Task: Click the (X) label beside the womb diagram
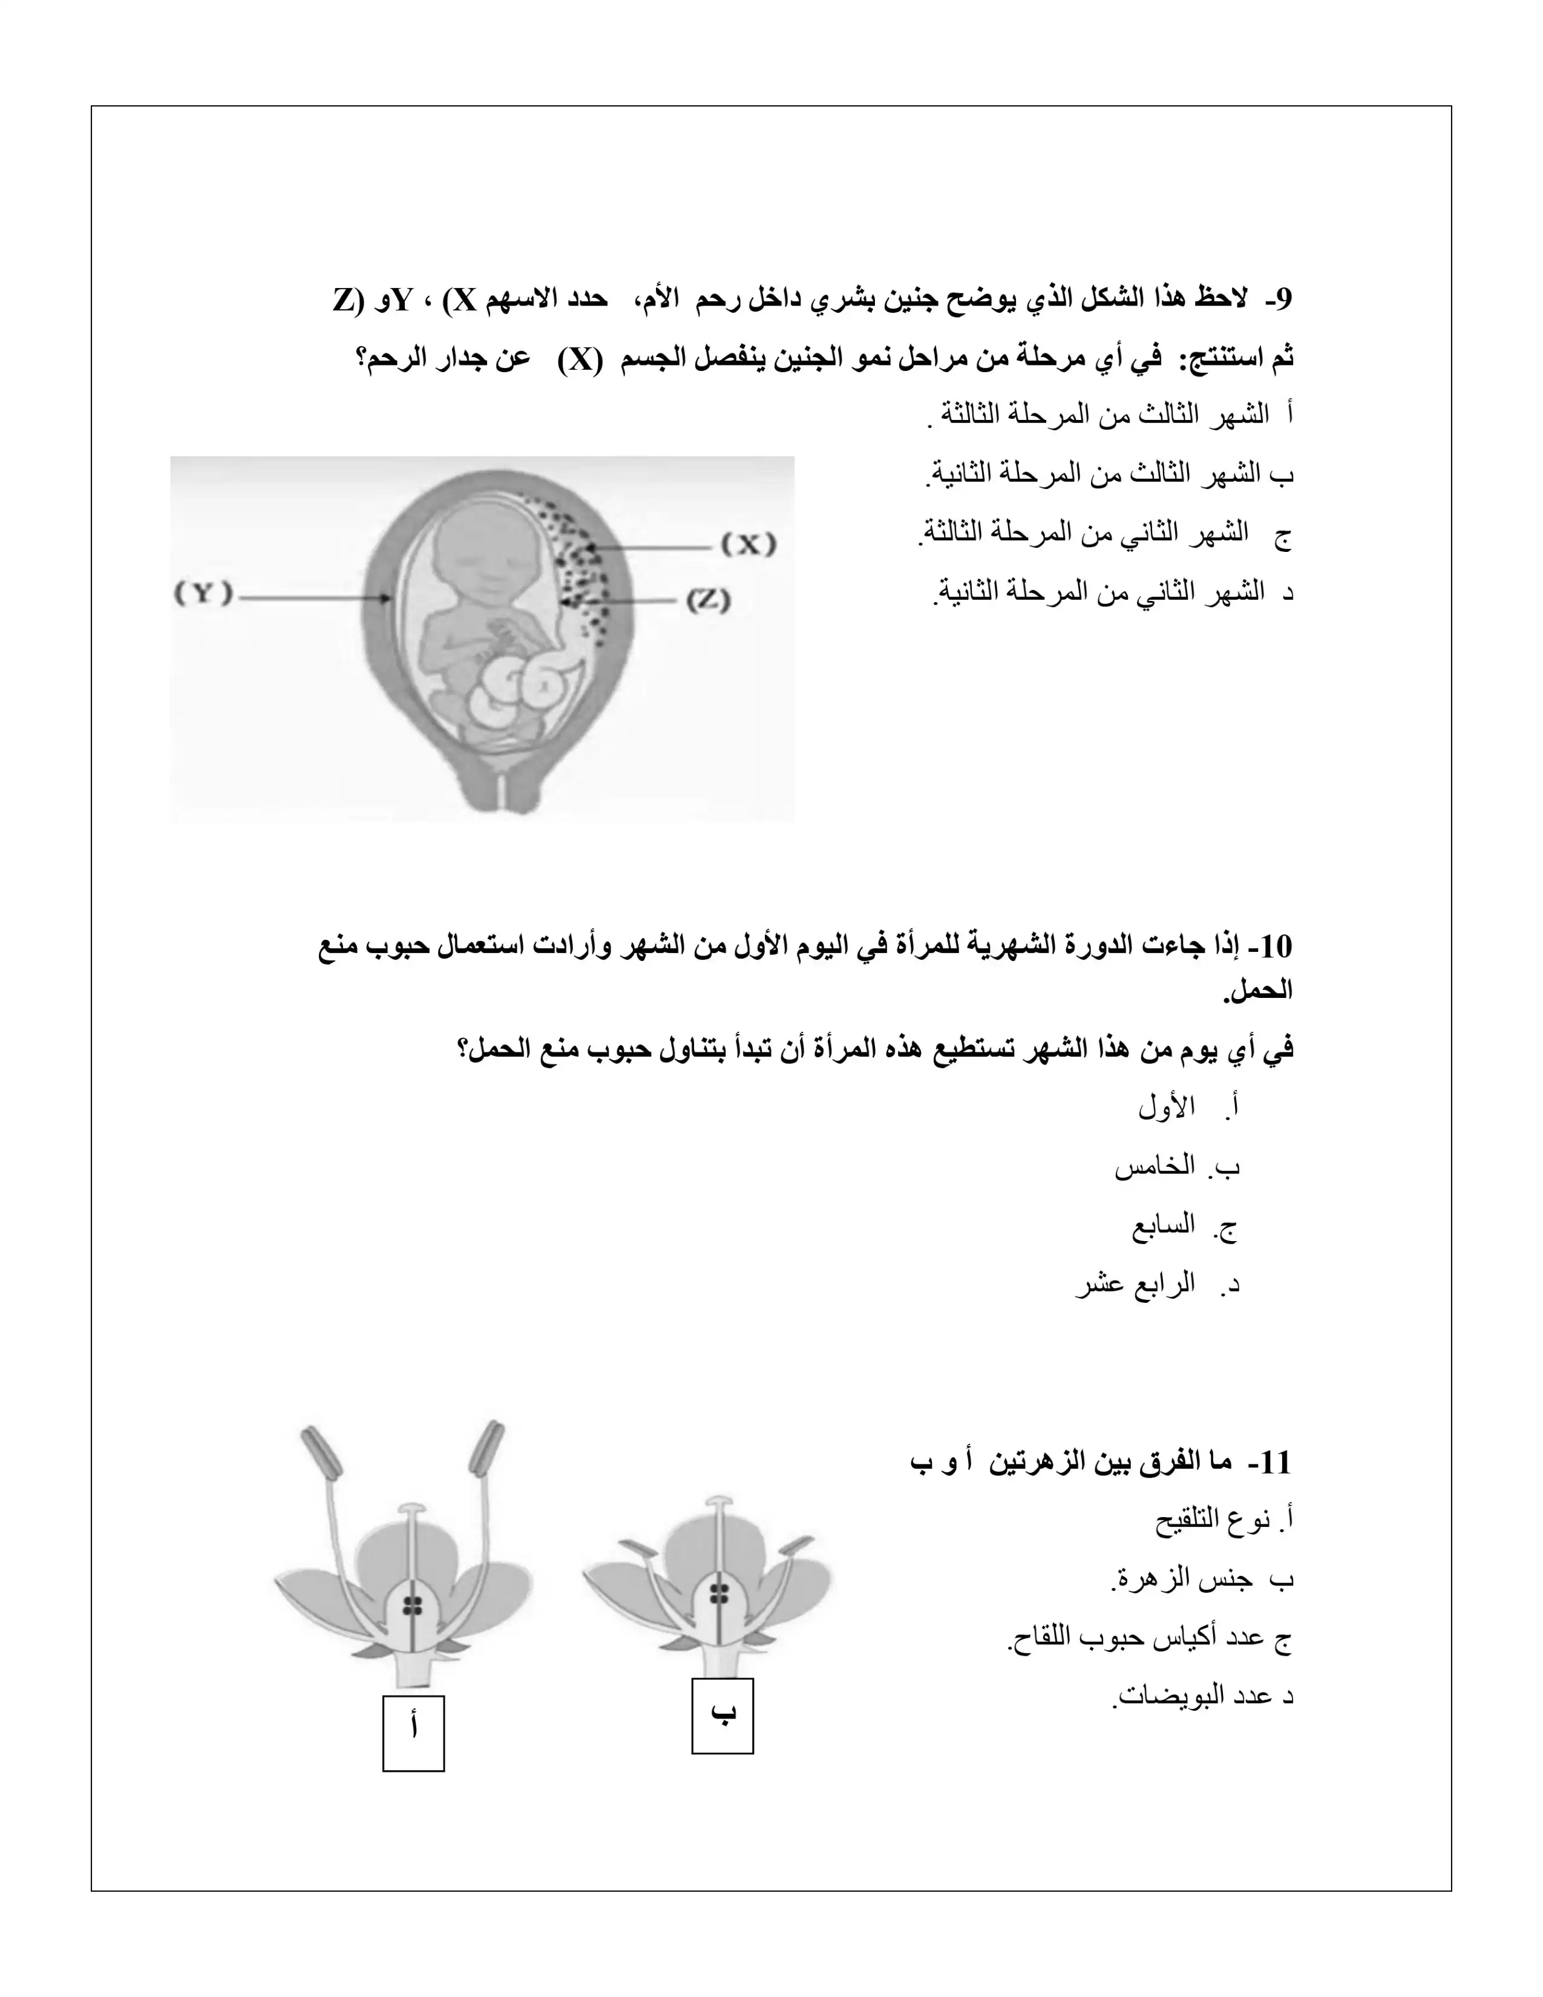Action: coord(749,545)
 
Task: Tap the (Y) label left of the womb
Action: coord(203,594)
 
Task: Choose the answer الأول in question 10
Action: coord(1167,1108)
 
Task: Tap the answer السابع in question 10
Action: coord(1163,1225)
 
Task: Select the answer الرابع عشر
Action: coord(1135,1285)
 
